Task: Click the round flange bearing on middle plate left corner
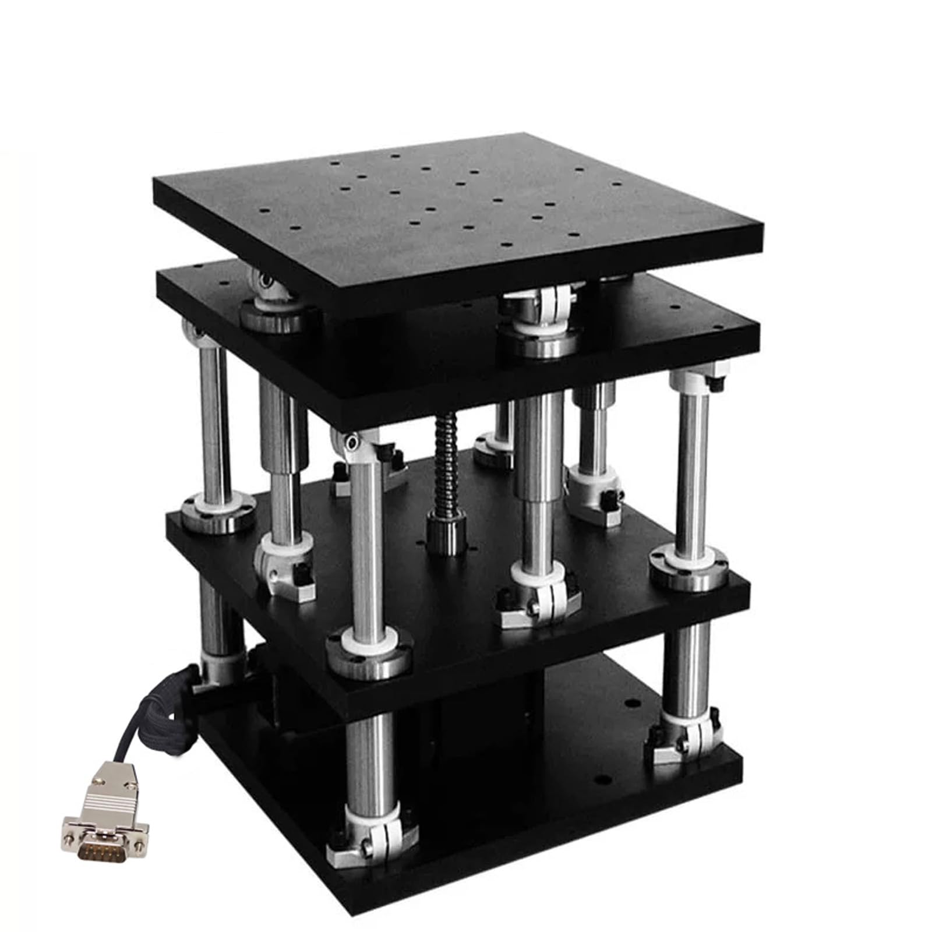(218, 513)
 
